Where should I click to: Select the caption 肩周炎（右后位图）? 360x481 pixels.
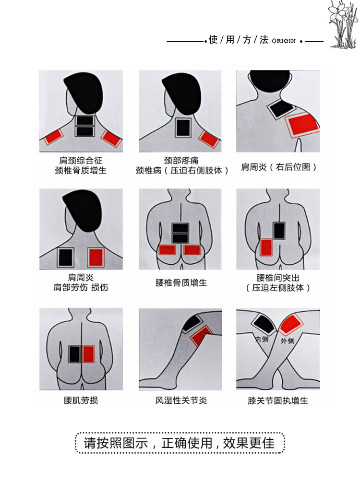[x=279, y=167]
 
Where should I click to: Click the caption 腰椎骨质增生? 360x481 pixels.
[x=181, y=283]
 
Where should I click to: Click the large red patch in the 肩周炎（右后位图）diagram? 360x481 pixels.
[x=301, y=124]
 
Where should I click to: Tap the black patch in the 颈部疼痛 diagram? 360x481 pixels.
[x=183, y=128]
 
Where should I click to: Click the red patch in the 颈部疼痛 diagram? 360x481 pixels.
[x=209, y=139]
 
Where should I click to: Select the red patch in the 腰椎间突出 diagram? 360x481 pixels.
[x=266, y=247]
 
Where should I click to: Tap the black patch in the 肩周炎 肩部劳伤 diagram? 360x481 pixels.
[x=65, y=258]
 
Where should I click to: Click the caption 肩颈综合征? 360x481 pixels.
[x=81, y=161]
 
